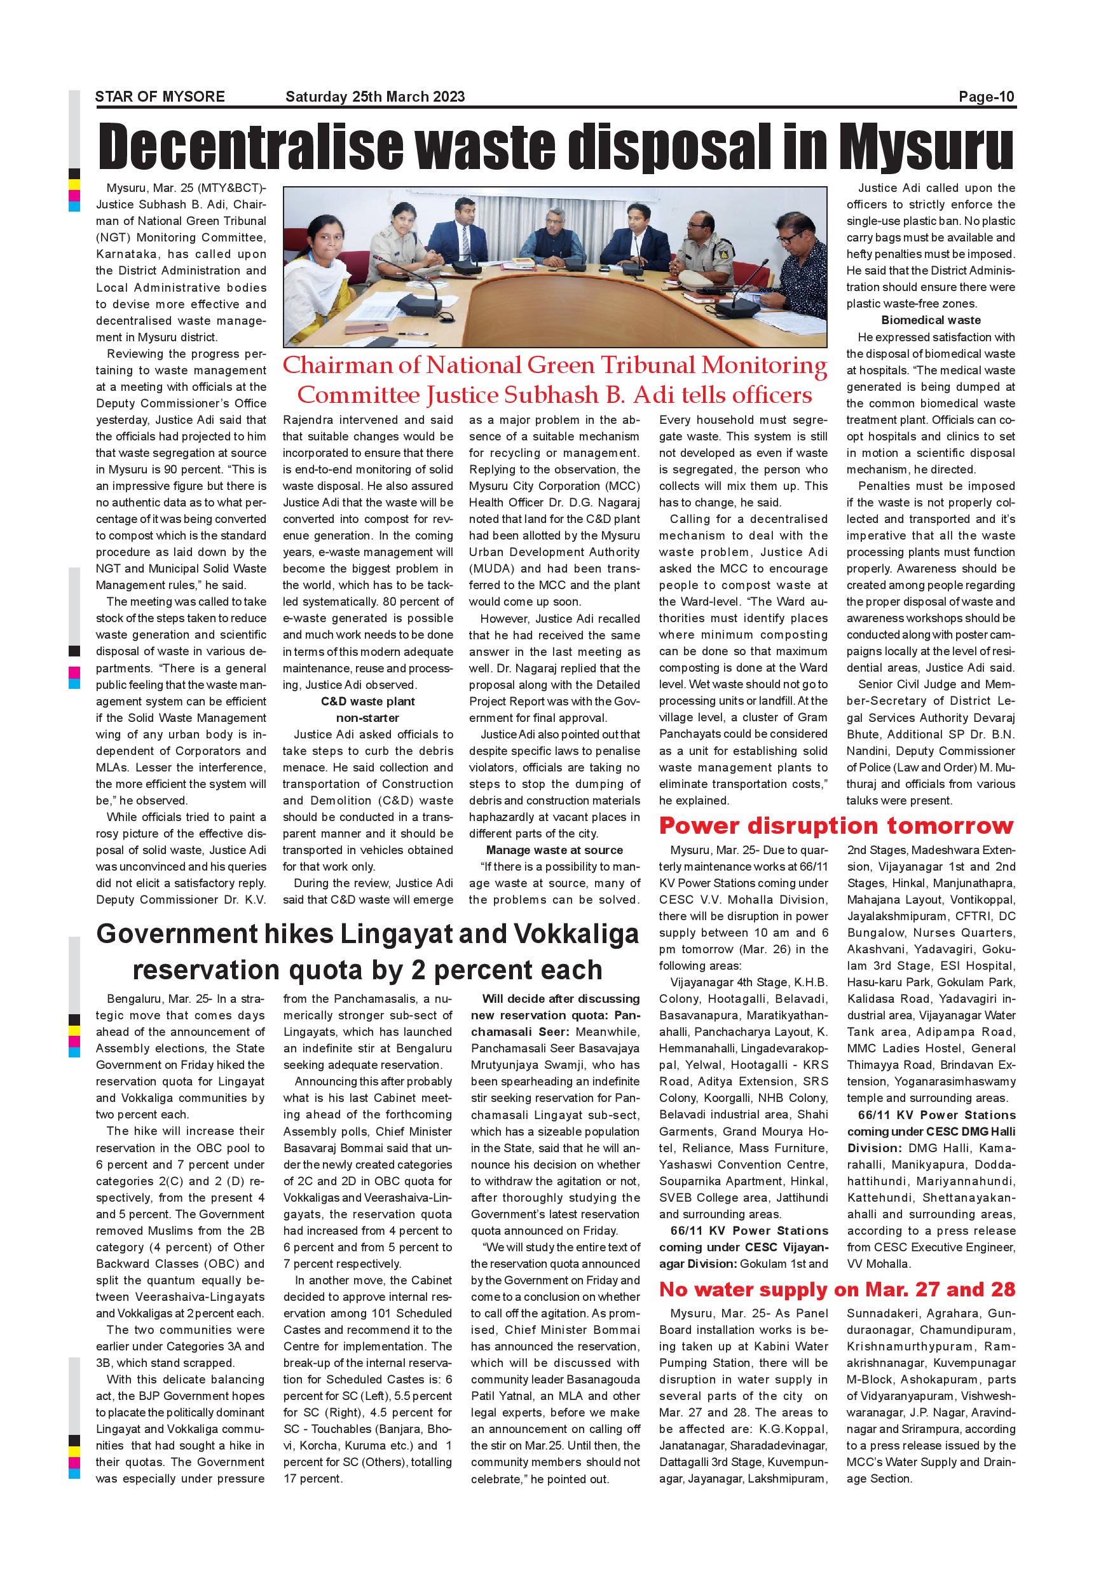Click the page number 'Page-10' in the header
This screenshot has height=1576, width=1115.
coord(986,97)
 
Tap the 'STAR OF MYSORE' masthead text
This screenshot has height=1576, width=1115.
coord(160,97)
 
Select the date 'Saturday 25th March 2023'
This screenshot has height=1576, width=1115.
coord(375,97)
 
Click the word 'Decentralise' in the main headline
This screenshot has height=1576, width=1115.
coord(250,146)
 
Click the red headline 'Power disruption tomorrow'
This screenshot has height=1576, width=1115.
coord(835,825)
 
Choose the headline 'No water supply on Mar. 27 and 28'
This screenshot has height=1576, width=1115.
coord(837,1290)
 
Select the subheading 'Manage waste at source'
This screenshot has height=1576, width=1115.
coord(554,850)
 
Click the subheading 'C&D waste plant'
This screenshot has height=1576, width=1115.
coord(367,702)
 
